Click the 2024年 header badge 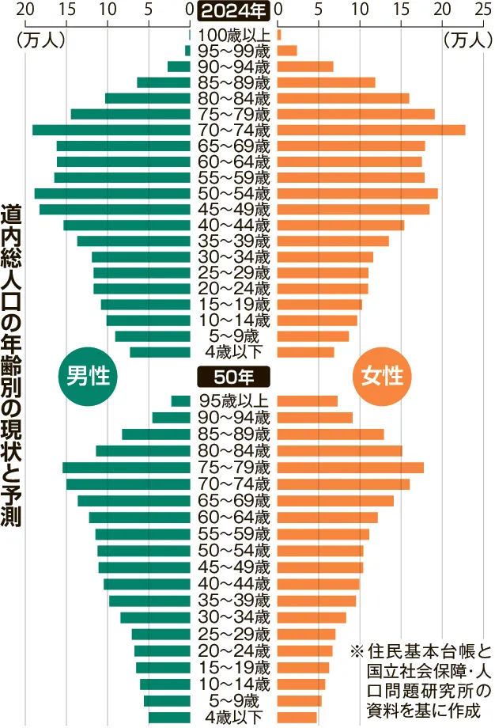[233, 11]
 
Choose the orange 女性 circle [382, 375]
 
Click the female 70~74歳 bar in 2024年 [371, 130]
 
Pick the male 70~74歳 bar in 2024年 [111, 130]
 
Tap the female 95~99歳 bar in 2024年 [287, 51]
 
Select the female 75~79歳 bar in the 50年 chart [350, 467]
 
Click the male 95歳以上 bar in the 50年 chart [181, 401]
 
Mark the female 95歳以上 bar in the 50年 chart [307, 401]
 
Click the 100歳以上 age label [234, 35]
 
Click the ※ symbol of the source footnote [356, 652]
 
